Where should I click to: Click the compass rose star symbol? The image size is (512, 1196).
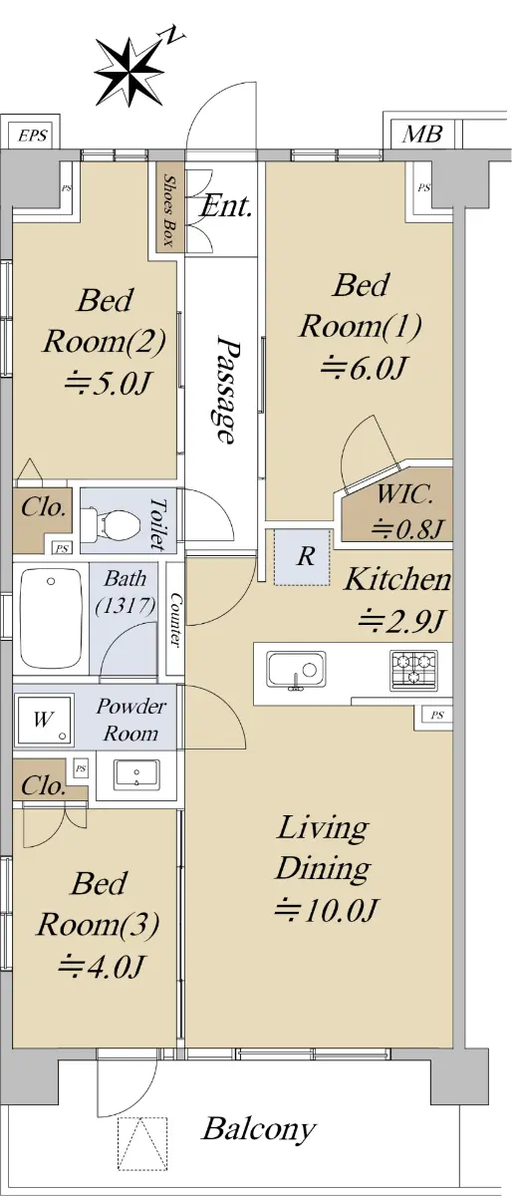point(128,72)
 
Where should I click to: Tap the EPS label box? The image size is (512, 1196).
point(33,136)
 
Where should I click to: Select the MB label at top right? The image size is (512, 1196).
point(422,134)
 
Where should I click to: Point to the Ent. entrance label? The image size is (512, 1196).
point(226,205)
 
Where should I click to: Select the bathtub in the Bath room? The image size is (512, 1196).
point(51,619)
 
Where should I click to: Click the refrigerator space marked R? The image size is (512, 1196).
point(302,557)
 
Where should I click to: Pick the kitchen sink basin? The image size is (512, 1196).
point(297,670)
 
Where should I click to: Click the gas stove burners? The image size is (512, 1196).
point(414,670)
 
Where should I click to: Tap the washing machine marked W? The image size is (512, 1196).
point(44,720)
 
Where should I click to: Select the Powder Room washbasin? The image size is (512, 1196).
point(136,774)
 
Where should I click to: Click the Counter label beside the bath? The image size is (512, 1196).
point(175,619)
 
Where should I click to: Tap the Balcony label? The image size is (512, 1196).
point(259,1128)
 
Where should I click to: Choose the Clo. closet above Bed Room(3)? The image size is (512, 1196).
point(43,785)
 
